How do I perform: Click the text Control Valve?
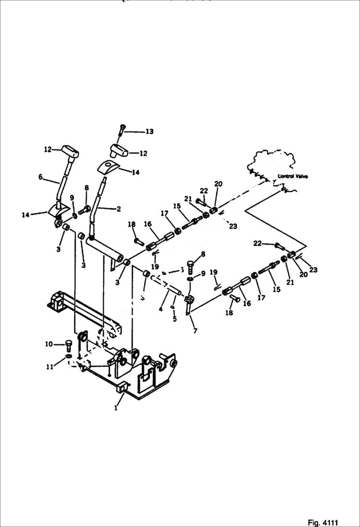point(293,176)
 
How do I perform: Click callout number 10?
point(49,343)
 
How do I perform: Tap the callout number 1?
point(115,408)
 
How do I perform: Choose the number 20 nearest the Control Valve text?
point(219,184)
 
